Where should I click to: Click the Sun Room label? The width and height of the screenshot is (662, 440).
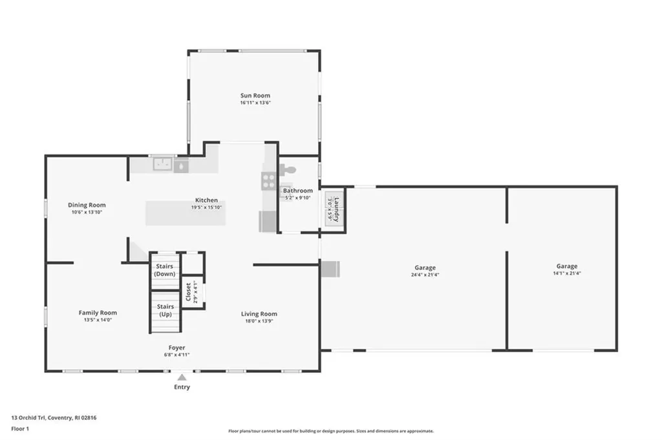point(255,96)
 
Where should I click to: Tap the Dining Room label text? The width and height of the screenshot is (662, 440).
point(87,205)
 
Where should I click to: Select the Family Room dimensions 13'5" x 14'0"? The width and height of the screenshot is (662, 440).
point(98,320)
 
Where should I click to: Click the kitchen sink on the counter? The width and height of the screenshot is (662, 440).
point(162,165)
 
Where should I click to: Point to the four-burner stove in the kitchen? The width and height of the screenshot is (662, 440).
point(268,182)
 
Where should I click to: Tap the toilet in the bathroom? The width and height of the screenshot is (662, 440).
point(287,171)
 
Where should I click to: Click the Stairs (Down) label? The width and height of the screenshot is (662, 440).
point(164,270)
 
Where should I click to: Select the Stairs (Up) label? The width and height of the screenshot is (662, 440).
point(165,310)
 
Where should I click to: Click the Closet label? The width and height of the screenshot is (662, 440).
point(188,293)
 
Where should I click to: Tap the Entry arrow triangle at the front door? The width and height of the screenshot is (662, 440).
point(182,377)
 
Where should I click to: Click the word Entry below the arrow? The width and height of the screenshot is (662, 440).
point(182,387)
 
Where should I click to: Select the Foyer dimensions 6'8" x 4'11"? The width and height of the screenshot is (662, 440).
point(176,354)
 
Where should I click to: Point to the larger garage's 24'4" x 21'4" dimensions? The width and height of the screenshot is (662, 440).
point(425,275)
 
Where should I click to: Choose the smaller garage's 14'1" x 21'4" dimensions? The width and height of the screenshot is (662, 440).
point(567,273)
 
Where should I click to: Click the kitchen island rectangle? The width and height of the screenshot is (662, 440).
point(186,213)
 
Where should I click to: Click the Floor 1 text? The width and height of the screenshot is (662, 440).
point(21,428)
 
